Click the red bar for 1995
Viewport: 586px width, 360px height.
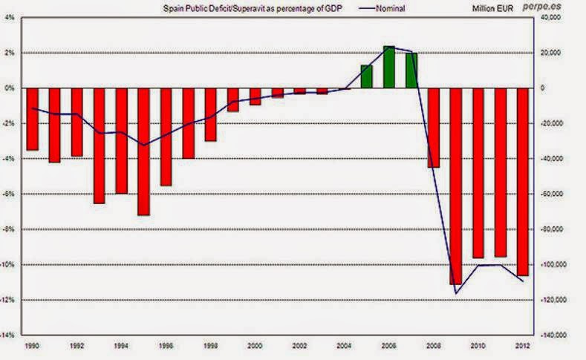(143, 151)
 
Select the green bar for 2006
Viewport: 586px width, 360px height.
(388, 68)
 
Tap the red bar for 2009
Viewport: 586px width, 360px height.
(455, 186)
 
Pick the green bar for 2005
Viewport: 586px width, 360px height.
(366, 76)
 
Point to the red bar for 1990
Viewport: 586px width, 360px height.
(32, 119)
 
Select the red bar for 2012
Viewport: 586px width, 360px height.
(522, 181)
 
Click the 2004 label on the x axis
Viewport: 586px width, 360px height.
(344, 346)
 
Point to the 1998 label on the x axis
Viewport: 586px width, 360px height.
(210, 346)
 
